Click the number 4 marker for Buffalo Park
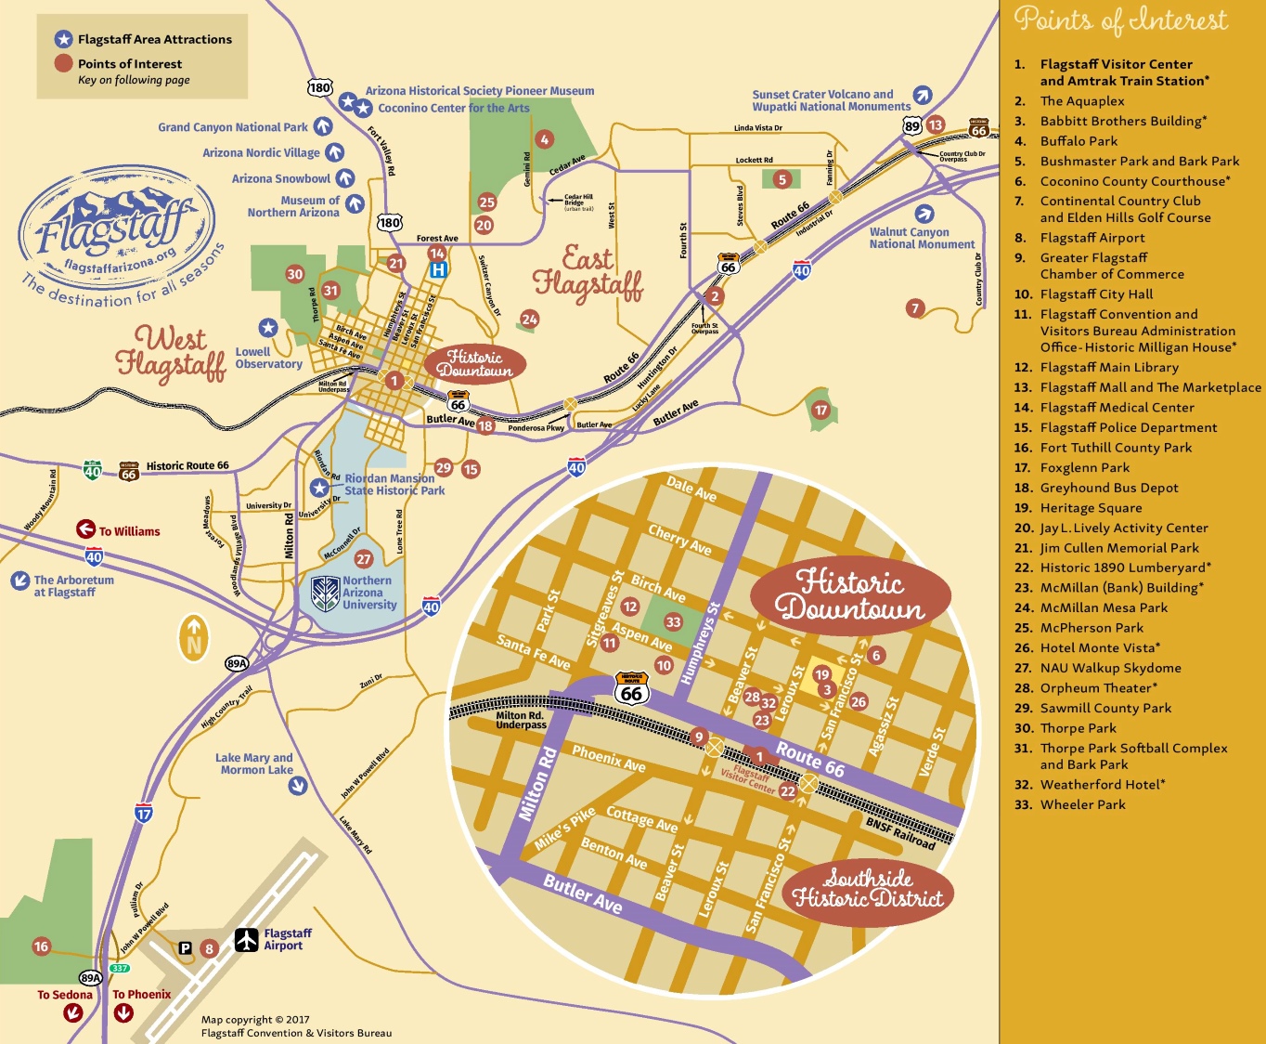545,139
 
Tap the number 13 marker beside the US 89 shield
936,124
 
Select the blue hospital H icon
438,269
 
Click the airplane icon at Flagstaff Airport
246,940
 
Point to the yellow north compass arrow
194,638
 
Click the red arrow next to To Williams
85,529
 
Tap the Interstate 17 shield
144,814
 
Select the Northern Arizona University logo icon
325,593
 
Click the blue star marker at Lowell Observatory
268,327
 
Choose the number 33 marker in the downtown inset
673,621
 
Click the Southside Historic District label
868,889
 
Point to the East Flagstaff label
588,270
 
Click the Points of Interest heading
1120,20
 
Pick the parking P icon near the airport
185,948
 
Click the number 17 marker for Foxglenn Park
820,410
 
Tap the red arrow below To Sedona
73,1013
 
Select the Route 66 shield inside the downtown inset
631,688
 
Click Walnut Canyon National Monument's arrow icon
924,214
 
